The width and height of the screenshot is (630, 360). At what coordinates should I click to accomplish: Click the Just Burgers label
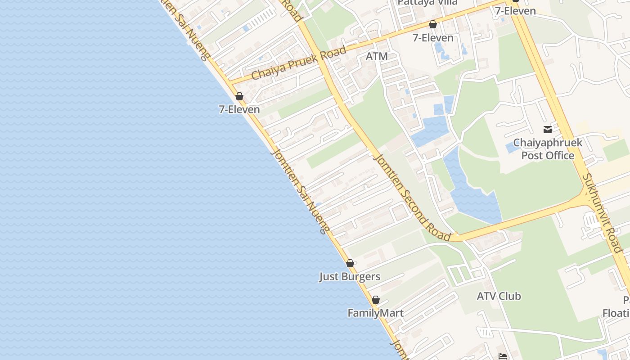click(x=350, y=276)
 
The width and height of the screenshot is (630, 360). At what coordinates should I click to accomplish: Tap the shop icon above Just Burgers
click(x=350, y=263)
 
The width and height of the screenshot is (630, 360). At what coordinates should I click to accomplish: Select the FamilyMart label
click(x=375, y=313)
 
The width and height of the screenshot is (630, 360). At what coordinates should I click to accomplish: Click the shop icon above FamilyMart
click(x=376, y=300)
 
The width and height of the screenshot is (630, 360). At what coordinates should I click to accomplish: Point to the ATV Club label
click(x=499, y=296)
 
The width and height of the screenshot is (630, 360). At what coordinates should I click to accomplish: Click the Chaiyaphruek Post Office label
click(x=548, y=149)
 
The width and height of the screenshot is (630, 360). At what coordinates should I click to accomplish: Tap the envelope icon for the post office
click(x=548, y=130)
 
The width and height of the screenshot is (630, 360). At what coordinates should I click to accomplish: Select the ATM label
click(x=377, y=56)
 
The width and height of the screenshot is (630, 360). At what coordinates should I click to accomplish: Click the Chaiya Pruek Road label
click(x=299, y=63)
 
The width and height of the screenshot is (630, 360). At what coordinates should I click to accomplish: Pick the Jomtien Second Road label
click(x=412, y=197)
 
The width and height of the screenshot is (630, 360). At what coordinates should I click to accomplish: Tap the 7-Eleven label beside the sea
click(x=239, y=109)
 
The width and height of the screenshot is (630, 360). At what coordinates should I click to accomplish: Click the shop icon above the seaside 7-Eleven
click(x=239, y=96)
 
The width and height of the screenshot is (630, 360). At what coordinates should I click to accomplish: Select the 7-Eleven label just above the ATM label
click(x=433, y=38)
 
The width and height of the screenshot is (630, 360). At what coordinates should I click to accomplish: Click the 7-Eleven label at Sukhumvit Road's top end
click(x=515, y=11)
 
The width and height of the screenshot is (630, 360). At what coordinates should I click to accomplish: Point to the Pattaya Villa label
click(x=427, y=2)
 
